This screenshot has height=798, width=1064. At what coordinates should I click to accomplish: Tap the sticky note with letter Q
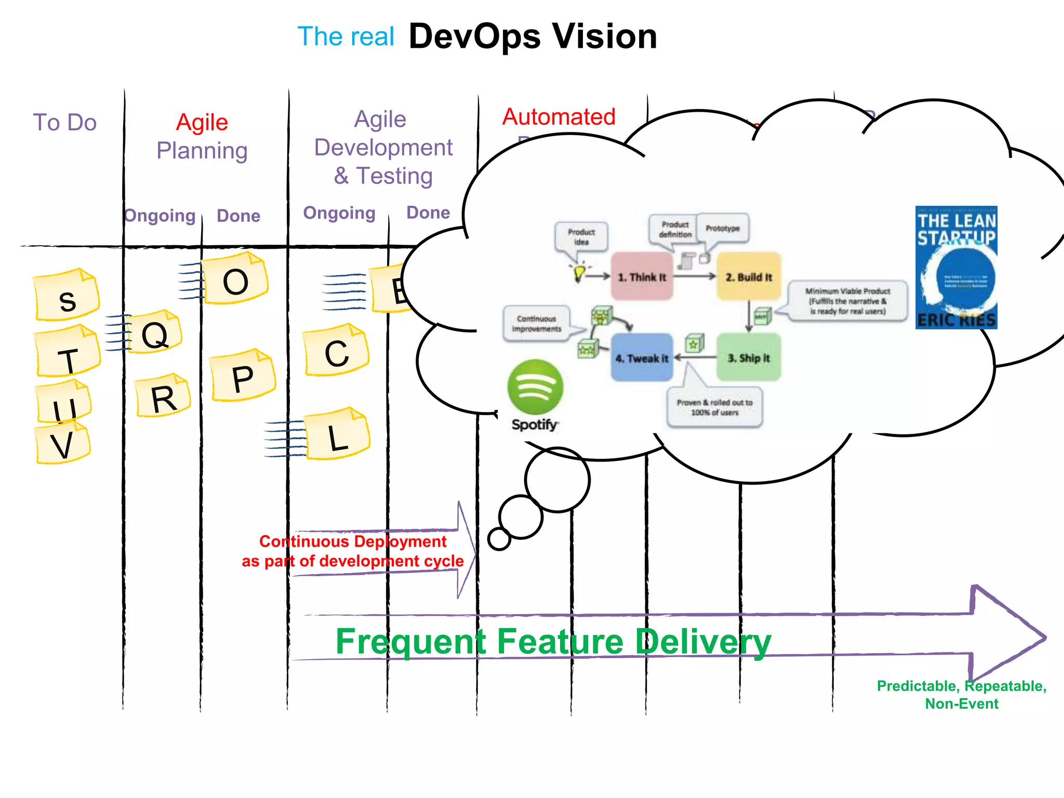pyautogui.click(x=155, y=333)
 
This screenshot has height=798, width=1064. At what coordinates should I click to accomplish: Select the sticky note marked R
pyautogui.click(x=163, y=397)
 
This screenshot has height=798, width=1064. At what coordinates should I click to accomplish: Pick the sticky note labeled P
pyautogui.click(x=243, y=377)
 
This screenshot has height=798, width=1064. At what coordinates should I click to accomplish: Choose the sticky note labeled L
pyautogui.click(x=338, y=435)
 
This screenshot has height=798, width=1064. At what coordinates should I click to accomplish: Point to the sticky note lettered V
pyautogui.click(x=62, y=444)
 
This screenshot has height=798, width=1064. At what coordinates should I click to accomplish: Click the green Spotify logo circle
pyautogui.click(x=535, y=387)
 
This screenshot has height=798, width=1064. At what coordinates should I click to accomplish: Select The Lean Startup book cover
pyautogui.click(x=956, y=268)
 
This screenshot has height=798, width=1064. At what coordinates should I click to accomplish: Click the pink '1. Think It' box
pyautogui.click(x=642, y=277)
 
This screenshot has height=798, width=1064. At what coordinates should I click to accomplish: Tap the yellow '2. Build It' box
pyautogui.click(x=749, y=277)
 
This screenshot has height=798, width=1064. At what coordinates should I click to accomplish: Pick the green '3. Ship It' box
pyautogui.click(x=749, y=358)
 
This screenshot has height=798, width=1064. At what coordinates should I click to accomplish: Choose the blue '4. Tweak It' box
pyautogui.click(x=642, y=358)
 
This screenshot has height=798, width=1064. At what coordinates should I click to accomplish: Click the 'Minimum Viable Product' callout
pyautogui.click(x=848, y=301)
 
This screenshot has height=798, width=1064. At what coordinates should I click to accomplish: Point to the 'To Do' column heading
pyautogui.click(x=65, y=123)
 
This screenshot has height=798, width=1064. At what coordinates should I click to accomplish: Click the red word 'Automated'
pyautogui.click(x=558, y=117)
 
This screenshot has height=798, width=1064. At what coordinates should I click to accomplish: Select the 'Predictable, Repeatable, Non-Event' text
pyautogui.click(x=961, y=695)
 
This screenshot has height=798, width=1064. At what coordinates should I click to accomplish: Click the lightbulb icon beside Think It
pyautogui.click(x=579, y=272)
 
